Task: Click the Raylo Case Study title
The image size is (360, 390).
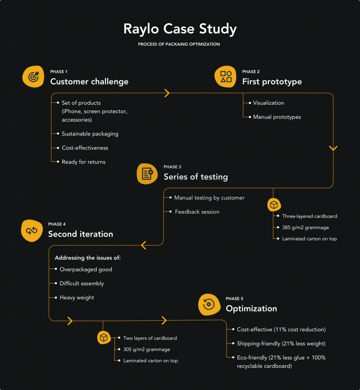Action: (180, 29)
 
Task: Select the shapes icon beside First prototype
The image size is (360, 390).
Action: (226, 77)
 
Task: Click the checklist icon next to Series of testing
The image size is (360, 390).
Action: (147, 174)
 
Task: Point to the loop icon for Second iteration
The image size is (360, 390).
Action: (32, 230)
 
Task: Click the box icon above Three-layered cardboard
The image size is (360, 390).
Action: (273, 205)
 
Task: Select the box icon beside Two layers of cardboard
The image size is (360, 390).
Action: (103, 337)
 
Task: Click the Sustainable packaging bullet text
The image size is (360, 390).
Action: (90, 134)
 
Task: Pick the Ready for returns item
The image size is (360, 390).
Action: (83, 162)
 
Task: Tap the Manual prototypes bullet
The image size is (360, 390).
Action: (277, 117)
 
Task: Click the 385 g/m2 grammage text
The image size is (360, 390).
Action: (305, 227)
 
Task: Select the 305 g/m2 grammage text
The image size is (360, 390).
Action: (146, 349)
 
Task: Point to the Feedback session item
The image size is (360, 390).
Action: (197, 212)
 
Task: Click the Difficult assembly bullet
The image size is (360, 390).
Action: (82, 283)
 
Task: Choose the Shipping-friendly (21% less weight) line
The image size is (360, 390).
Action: (281, 344)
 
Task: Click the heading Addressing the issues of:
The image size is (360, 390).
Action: (88, 258)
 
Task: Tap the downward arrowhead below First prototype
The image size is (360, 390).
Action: (333, 148)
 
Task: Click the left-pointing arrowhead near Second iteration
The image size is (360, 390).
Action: (144, 245)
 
